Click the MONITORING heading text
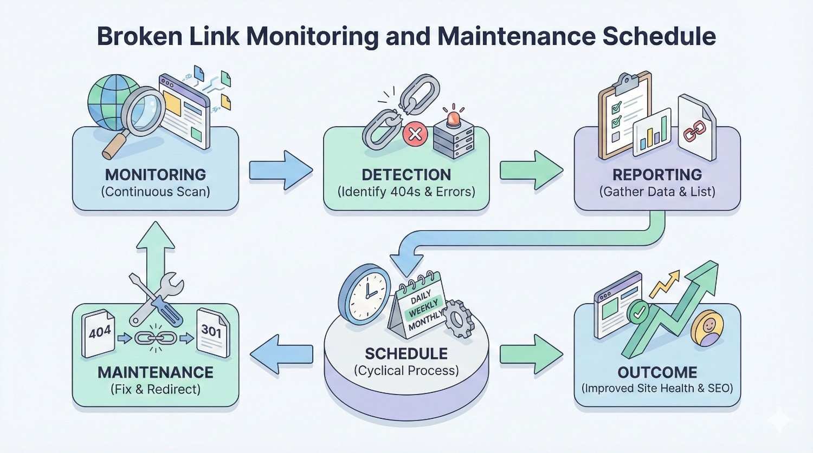tap(156, 175)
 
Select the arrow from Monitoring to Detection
tap(281, 170)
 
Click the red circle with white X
tap(415, 134)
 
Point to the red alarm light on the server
tap(453, 116)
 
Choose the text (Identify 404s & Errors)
tap(406, 192)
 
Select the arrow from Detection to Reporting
tap(531, 170)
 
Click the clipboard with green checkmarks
tap(622, 116)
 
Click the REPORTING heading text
tap(657, 175)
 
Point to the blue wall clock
tap(365, 294)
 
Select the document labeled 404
tap(99, 333)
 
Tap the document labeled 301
tap(212, 332)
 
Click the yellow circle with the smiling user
tap(708, 327)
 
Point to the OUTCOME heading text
tap(657, 372)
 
